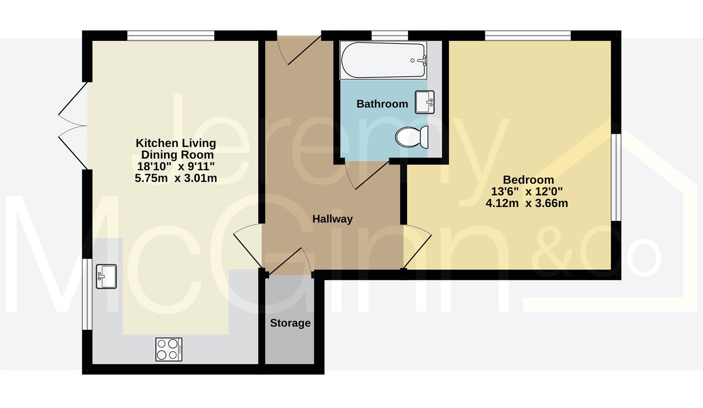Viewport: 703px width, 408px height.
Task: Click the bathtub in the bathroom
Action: point(383,60)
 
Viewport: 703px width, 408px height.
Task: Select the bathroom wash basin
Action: point(425,102)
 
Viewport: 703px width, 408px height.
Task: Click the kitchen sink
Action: point(106,276)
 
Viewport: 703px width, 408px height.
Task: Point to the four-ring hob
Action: point(169,349)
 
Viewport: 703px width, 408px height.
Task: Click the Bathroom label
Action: point(382,104)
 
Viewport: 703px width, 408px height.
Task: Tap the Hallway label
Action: point(332,219)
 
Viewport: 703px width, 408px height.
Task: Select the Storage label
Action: point(290,323)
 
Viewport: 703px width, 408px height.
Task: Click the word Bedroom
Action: point(528,179)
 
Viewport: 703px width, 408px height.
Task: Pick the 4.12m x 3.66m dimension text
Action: point(527,203)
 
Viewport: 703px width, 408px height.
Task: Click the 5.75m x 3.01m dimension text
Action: point(176,178)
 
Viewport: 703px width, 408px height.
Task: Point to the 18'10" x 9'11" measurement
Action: point(176,166)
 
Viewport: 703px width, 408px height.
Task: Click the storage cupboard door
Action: point(289,261)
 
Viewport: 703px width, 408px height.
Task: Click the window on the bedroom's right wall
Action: point(616,177)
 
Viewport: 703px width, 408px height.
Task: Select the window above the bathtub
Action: point(390,36)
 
